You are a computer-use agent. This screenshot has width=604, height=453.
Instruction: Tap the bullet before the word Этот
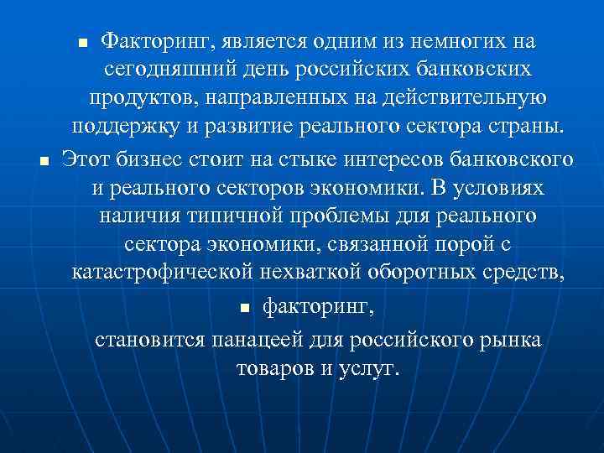click(44, 159)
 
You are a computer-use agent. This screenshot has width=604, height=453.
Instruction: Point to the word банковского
click(514, 158)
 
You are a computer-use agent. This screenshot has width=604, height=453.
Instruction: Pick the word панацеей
click(269, 341)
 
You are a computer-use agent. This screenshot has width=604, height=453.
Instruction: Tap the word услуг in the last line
click(366, 370)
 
